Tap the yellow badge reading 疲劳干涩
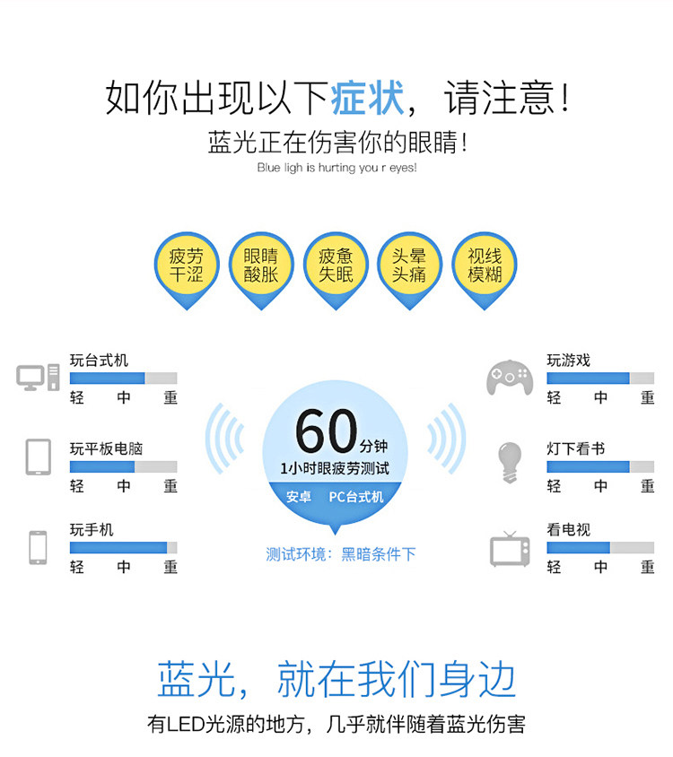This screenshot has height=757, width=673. click(x=187, y=265)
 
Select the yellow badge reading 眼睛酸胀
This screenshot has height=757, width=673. click(x=261, y=265)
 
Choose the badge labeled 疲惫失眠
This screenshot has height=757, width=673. click(x=336, y=265)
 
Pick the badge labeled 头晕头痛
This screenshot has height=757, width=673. click(x=409, y=265)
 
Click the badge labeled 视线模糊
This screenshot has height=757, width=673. click(x=484, y=265)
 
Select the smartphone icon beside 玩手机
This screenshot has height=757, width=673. click(x=38, y=547)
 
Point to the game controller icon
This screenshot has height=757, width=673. click(x=510, y=378)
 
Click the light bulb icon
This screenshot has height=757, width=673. click(x=509, y=461)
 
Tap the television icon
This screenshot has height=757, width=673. click(x=510, y=548)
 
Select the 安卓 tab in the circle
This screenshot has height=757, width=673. click(x=299, y=496)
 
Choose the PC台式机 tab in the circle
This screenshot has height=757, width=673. click(x=355, y=496)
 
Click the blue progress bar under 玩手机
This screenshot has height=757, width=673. click(x=118, y=547)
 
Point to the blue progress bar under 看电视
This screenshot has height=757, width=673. click(x=578, y=547)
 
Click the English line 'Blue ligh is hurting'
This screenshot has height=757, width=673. click(x=336, y=168)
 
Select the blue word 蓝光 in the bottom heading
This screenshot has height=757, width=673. click(x=197, y=679)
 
